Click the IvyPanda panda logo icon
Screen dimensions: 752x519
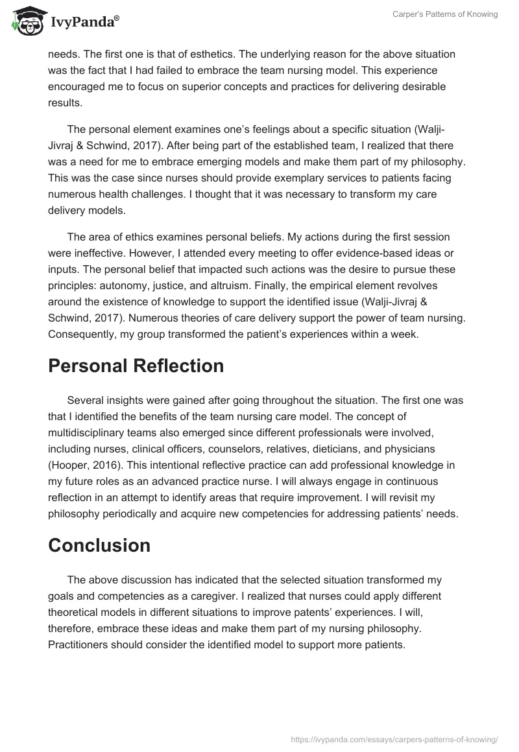pyautogui.click(x=25, y=21)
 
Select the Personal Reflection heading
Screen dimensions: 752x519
pyautogui.click(x=136, y=366)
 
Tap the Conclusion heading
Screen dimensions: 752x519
pyautogui.click(x=99, y=545)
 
